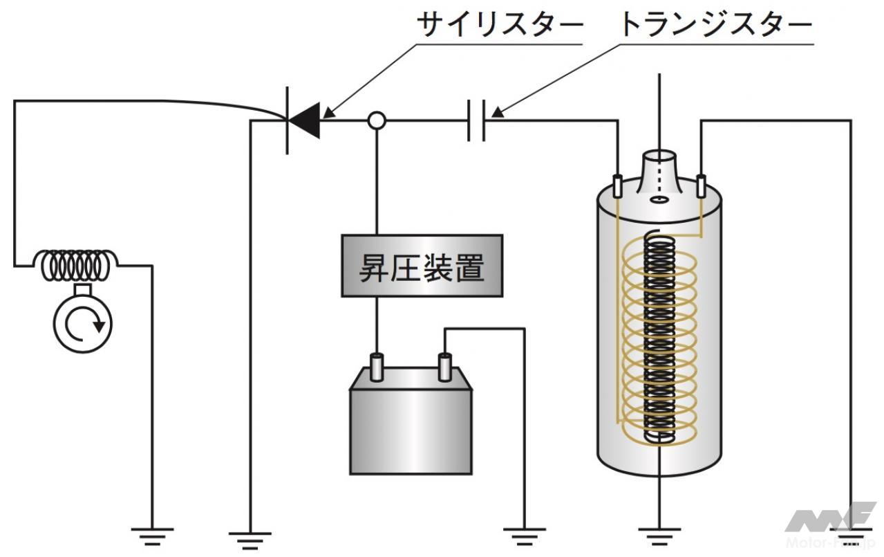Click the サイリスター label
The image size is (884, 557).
[x=500, y=26]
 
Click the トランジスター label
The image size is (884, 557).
[x=715, y=26]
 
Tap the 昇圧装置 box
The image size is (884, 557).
[x=422, y=266]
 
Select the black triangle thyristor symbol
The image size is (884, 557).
[x=305, y=122]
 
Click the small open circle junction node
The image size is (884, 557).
[x=377, y=121]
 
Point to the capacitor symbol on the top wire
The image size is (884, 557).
[x=476, y=120]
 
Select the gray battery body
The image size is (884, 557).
[x=411, y=429]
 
